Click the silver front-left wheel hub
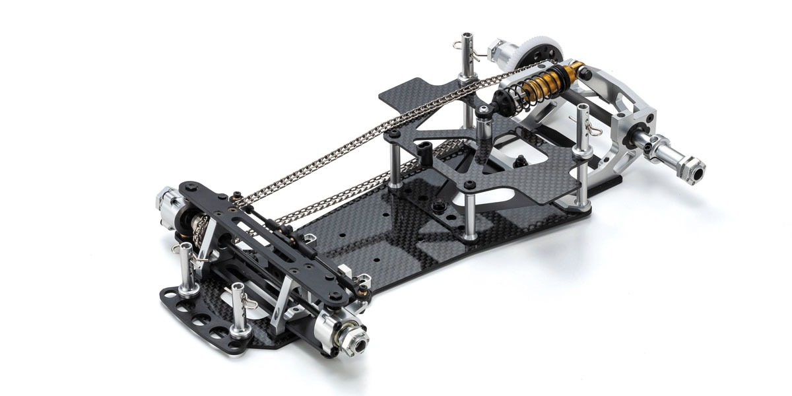(x=165, y=198)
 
